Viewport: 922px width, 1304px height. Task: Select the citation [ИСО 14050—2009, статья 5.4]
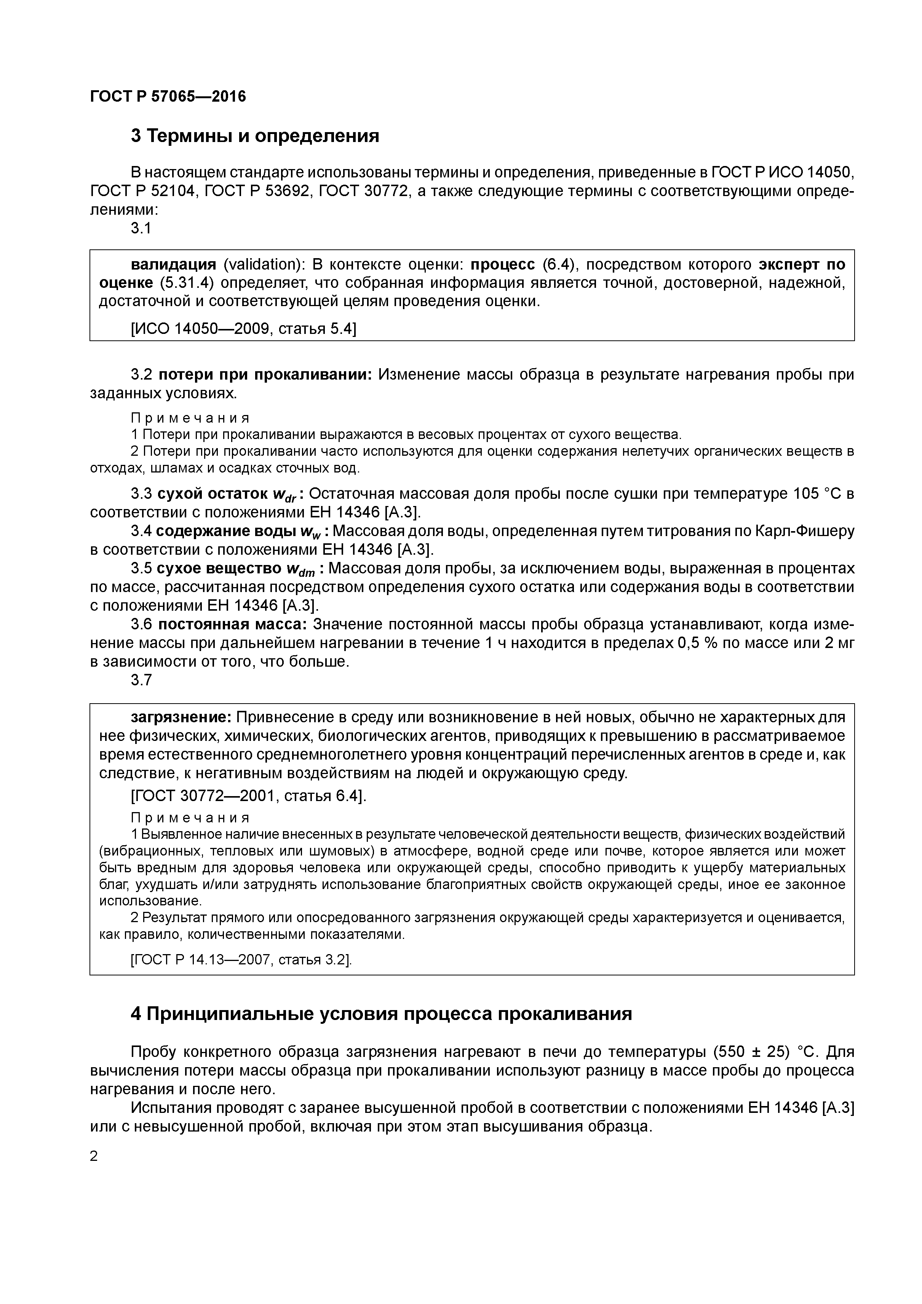(x=243, y=328)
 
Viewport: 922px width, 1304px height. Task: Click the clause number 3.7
(x=141, y=680)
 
